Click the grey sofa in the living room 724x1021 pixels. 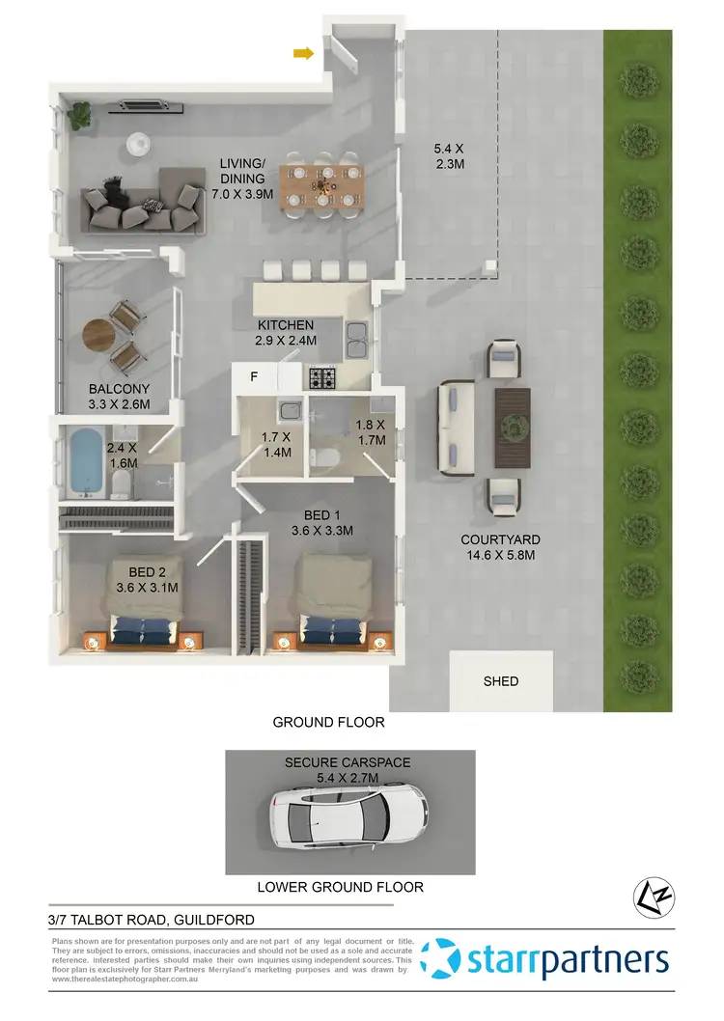point(144,201)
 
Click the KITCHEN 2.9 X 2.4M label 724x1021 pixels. point(286,333)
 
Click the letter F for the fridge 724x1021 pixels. point(254,377)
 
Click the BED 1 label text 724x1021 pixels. point(322,522)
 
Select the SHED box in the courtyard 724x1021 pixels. point(501,681)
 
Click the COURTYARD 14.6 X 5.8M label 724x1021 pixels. point(500,547)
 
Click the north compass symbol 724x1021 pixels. point(650,898)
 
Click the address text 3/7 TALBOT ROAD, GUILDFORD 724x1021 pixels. point(152,920)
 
